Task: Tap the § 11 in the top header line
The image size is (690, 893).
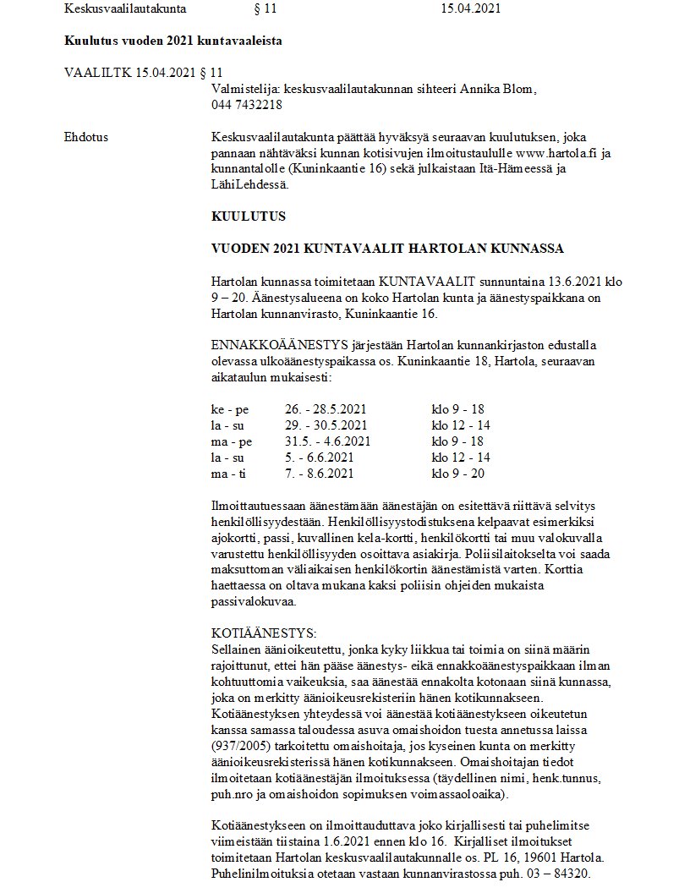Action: pyautogui.click(x=265, y=9)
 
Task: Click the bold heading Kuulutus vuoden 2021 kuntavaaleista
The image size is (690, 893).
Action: pyautogui.click(x=173, y=40)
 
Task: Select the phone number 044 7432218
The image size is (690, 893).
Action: pyautogui.click(x=247, y=105)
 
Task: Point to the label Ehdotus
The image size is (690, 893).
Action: pyautogui.click(x=86, y=136)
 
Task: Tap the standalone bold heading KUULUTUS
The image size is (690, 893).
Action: pyautogui.click(x=249, y=216)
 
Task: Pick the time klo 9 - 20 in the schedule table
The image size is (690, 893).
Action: pyautogui.click(x=457, y=474)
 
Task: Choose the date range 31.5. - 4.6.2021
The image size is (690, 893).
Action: pyautogui.click(x=327, y=441)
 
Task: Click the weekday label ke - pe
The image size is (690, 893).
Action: pyautogui.click(x=230, y=408)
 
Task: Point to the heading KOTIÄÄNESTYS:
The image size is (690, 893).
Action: pyautogui.click(x=263, y=633)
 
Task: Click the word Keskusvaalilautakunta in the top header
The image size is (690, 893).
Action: pyautogui.click(x=124, y=9)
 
